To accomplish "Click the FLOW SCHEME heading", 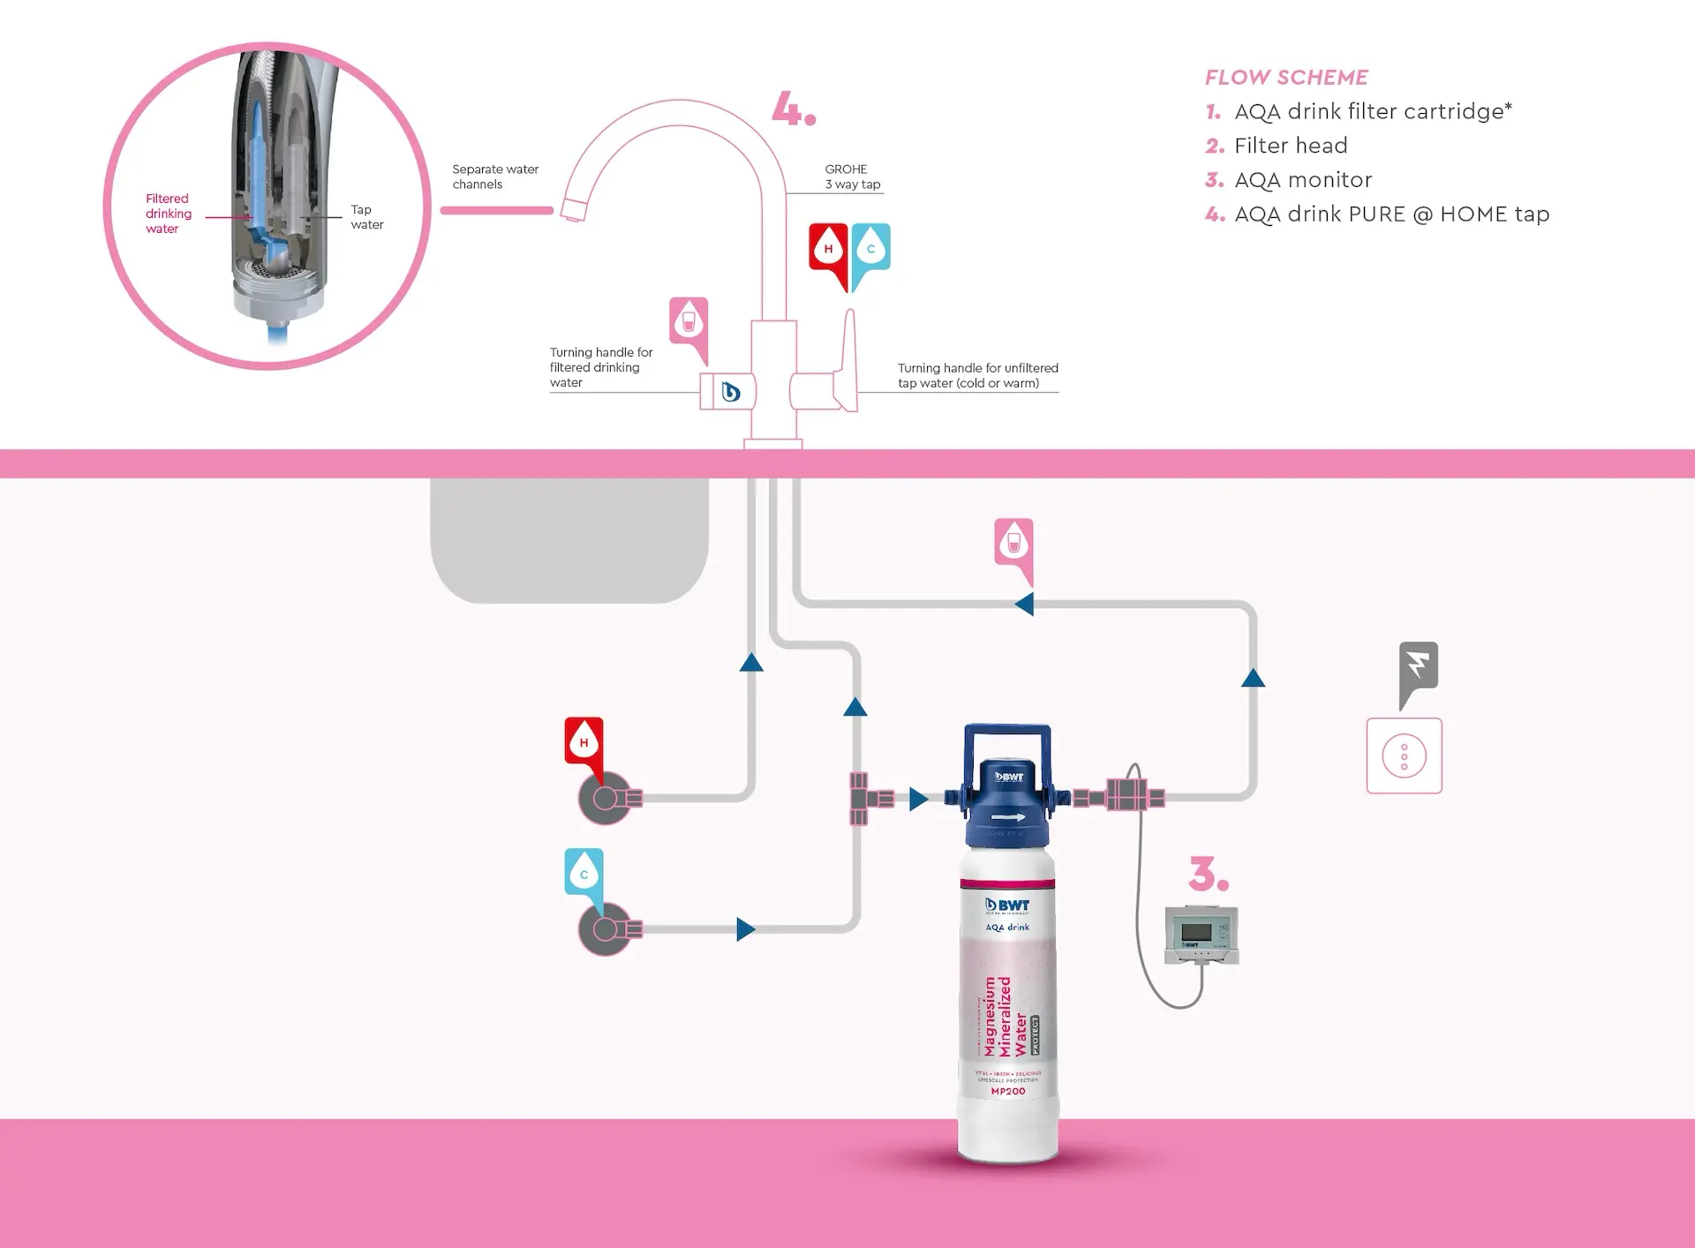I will [1285, 78].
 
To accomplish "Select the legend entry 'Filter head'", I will [1290, 146].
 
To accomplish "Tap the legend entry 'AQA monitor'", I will [1302, 180].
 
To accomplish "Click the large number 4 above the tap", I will [792, 109].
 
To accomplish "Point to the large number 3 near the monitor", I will [1208, 874].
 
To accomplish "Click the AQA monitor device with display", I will [1201, 935].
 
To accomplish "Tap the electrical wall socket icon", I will [1404, 756].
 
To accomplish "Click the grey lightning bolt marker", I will [1418, 668].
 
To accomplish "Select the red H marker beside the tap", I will [828, 250].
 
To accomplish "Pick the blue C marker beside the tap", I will [870, 250].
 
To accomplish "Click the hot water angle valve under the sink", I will [606, 799].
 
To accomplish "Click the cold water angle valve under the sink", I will [606, 929].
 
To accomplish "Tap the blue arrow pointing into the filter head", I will [918, 800].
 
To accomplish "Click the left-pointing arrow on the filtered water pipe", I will [1024, 605].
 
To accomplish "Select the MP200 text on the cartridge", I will [1008, 1092].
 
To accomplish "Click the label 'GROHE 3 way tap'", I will [852, 177].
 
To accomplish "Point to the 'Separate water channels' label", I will [494, 177].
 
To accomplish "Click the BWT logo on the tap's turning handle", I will [730, 392].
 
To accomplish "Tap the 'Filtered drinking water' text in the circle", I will [168, 214].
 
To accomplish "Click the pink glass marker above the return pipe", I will [1013, 544].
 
